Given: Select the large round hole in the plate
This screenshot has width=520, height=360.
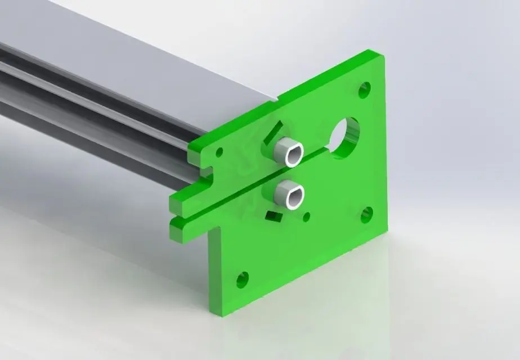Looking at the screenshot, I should click(x=345, y=134).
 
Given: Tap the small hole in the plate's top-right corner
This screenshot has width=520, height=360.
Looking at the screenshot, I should click(x=365, y=89).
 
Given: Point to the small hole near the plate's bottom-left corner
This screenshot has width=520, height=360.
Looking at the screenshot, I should click(x=243, y=278).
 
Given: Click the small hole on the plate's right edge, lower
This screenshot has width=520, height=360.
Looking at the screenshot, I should click(x=366, y=214).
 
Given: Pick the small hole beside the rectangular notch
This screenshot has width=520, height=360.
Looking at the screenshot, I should click(x=219, y=152).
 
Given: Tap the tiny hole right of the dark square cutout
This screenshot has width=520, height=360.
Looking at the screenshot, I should click(x=307, y=216).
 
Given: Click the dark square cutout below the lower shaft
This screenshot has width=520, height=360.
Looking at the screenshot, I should click(x=274, y=216).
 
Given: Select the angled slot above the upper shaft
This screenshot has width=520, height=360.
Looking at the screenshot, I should click(x=274, y=130).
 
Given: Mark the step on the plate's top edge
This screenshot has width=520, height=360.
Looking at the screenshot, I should click(x=280, y=100).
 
